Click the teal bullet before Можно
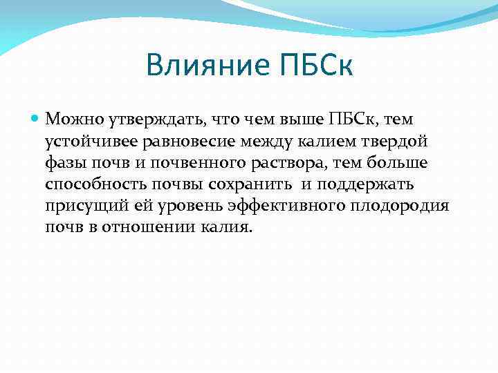point(37,119)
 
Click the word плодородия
point(401,206)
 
